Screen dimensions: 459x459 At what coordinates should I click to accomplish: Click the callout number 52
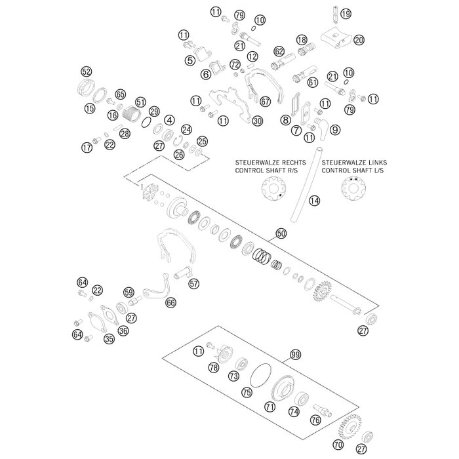click(86, 71)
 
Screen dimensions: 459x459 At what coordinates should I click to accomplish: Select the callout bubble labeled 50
click(281, 233)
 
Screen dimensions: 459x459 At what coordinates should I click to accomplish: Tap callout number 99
click(295, 355)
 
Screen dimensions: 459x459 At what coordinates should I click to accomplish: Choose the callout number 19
click(346, 12)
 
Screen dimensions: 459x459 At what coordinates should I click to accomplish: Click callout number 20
click(359, 40)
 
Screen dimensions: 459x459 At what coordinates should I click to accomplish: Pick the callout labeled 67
click(265, 102)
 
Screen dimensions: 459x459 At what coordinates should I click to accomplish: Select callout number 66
click(170, 303)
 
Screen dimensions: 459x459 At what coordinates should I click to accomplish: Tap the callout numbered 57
click(193, 284)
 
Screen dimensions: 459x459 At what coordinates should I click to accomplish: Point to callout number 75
click(247, 392)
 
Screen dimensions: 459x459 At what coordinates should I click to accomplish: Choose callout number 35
click(109, 339)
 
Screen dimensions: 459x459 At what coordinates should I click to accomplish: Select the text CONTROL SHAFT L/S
click(353, 169)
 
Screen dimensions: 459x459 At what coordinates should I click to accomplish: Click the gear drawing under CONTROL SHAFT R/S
click(273, 190)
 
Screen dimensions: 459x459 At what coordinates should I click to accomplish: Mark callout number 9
click(335, 130)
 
